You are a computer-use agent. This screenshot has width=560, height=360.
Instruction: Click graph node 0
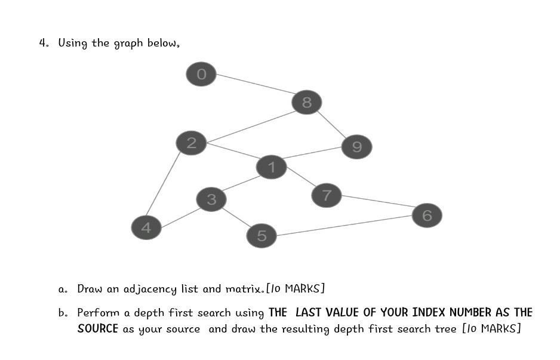201,74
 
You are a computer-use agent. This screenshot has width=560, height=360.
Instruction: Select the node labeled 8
306,103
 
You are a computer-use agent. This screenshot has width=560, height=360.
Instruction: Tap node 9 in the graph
357,146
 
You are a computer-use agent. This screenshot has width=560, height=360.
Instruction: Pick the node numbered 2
191,143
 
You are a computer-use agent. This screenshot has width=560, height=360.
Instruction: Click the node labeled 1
272,167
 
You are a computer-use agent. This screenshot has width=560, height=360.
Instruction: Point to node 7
327,195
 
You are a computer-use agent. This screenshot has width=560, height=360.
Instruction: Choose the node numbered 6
427,215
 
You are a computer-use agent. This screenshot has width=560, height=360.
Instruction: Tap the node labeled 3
211,199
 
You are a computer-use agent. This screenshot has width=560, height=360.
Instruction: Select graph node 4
146,227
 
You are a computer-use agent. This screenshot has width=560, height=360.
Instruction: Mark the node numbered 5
261,236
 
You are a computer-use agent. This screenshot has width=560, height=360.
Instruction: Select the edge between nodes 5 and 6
344,225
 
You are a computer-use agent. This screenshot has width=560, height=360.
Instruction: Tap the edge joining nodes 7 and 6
377,201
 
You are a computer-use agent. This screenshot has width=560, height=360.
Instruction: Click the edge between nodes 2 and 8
249,126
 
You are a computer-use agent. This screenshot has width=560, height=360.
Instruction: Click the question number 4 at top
43,43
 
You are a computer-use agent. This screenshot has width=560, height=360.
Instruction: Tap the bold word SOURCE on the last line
98,329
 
